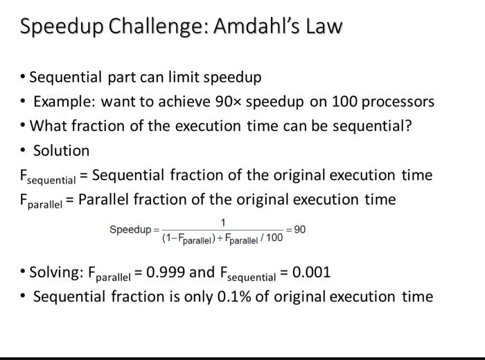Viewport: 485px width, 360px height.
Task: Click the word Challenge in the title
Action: (148, 27)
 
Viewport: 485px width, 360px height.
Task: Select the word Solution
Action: (62, 150)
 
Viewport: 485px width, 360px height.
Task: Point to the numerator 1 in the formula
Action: (223, 222)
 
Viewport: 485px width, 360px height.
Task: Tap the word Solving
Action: (56, 272)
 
